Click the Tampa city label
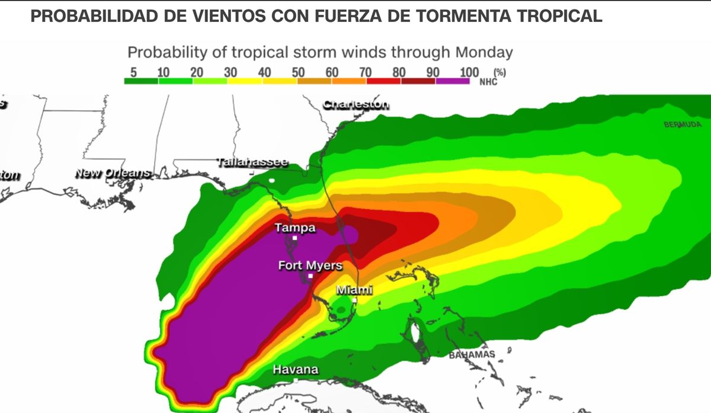click(295, 228)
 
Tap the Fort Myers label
click(310, 265)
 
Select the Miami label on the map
click(354, 290)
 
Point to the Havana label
click(295, 370)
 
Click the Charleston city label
click(356, 105)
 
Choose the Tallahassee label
click(252, 162)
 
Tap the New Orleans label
click(113, 174)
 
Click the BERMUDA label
click(683, 125)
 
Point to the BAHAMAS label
click(472, 354)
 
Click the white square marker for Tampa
click(294, 238)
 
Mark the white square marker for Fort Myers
click(310, 276)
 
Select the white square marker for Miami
click(354, 300)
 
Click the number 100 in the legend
click(469, 72)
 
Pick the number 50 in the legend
click(298, 72)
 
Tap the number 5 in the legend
click(134, 72)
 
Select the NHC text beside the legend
click(488, 81)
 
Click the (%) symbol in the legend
click(499, 72)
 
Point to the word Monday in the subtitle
click(483, 52)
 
